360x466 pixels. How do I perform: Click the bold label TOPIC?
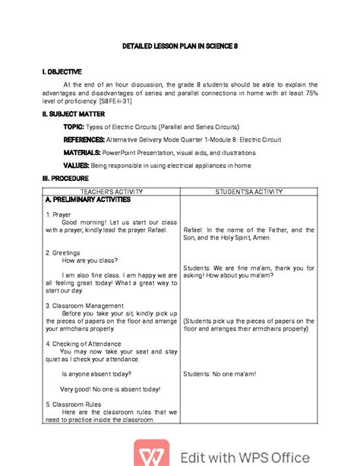[x=74, y=127]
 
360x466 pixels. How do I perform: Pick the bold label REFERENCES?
[x=87, y=140]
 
